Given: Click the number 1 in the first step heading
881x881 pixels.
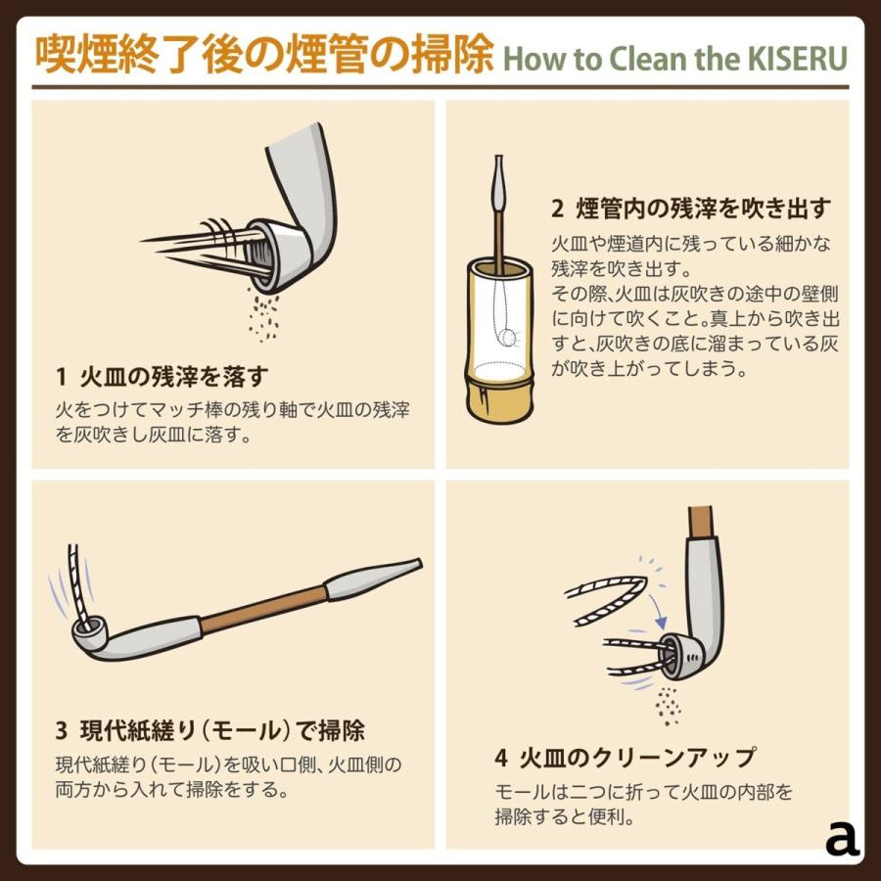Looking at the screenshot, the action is click(62, 377).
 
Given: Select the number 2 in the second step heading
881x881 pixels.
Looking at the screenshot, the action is click(557, 209).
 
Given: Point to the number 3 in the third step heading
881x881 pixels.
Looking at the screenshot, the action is click(62, 730).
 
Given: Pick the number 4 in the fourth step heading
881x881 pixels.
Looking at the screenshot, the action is click(501, 758).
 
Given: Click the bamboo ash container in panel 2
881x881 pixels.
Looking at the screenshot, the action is click(499, 340).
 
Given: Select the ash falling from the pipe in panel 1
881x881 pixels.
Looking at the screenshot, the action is click(263, 317).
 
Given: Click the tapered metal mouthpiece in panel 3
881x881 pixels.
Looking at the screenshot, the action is click(373, 579).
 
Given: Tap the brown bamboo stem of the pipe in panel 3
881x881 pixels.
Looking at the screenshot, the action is click(263, 610).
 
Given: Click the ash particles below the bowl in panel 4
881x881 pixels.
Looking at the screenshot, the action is click(668, 706).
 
